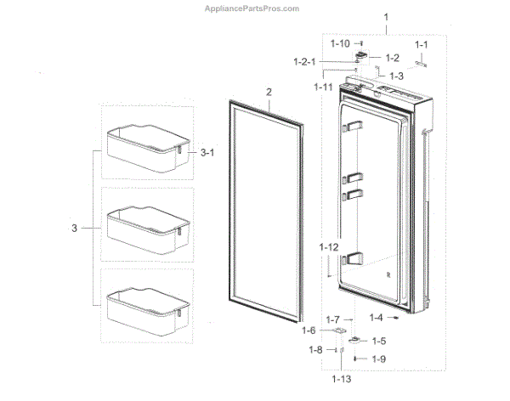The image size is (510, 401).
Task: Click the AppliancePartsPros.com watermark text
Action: click(252, 8)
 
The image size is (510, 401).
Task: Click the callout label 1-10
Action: click(340, 43)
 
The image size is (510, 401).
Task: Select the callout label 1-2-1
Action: click(305, 61)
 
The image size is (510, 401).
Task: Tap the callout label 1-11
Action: click(322, 87)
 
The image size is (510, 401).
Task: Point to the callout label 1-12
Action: click(330, 246)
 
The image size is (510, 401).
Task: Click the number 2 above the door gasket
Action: click(269, 91)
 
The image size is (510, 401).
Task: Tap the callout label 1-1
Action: click(422, 44)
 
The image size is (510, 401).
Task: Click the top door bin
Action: click(144, 146)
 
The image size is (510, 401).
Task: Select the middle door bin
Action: click(144, 228)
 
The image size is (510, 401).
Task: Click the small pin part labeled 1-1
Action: click(422, 60)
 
